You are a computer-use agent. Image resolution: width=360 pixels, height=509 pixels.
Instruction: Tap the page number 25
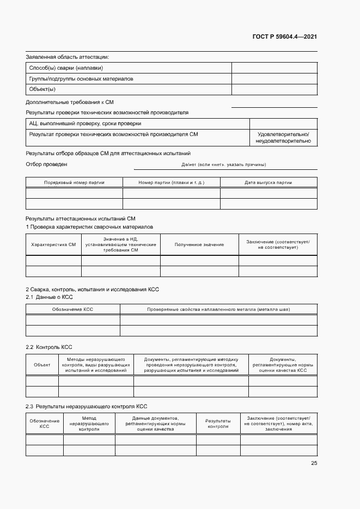(x=314, y=463)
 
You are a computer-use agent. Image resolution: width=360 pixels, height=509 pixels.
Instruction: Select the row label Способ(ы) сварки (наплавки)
(x=66, y=68)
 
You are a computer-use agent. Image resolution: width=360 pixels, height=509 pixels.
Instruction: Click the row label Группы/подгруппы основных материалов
(x=81, y=79)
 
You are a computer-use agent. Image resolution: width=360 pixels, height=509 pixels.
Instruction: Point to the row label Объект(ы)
(x=42, y=89)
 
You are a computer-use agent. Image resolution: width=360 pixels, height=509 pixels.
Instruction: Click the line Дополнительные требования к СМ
(x=70, y=102)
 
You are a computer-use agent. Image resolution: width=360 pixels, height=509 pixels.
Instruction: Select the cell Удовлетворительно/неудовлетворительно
(x=283, y=138)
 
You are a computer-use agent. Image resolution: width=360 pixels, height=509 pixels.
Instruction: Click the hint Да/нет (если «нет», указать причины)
(x=223, y=164)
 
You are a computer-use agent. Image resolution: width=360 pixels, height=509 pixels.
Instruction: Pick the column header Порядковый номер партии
(x=74, y=183)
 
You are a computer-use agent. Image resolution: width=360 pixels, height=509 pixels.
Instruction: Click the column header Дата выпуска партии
(x=268, y=183)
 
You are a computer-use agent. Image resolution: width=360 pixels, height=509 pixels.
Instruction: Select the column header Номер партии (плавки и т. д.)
(x=171, y=183)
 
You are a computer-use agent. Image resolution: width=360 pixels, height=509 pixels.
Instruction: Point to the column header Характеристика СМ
(x=53, y=244)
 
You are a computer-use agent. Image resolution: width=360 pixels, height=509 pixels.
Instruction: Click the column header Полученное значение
(x=199, y=244)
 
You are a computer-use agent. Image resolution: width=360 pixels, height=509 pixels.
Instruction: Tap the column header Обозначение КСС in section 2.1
(x=72, y=309)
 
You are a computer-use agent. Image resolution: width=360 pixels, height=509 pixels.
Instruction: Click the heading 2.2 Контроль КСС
(x=49, y=347)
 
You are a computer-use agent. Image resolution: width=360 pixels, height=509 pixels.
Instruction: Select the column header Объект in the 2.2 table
(x=42, y=365)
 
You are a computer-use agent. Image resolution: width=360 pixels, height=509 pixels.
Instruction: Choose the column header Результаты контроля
(x=218, y=424)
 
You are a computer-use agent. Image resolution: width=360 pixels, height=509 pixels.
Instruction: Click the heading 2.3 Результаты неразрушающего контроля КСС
(x=87, y=406)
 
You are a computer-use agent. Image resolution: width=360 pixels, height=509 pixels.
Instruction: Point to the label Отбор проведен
(x=47, y=164)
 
